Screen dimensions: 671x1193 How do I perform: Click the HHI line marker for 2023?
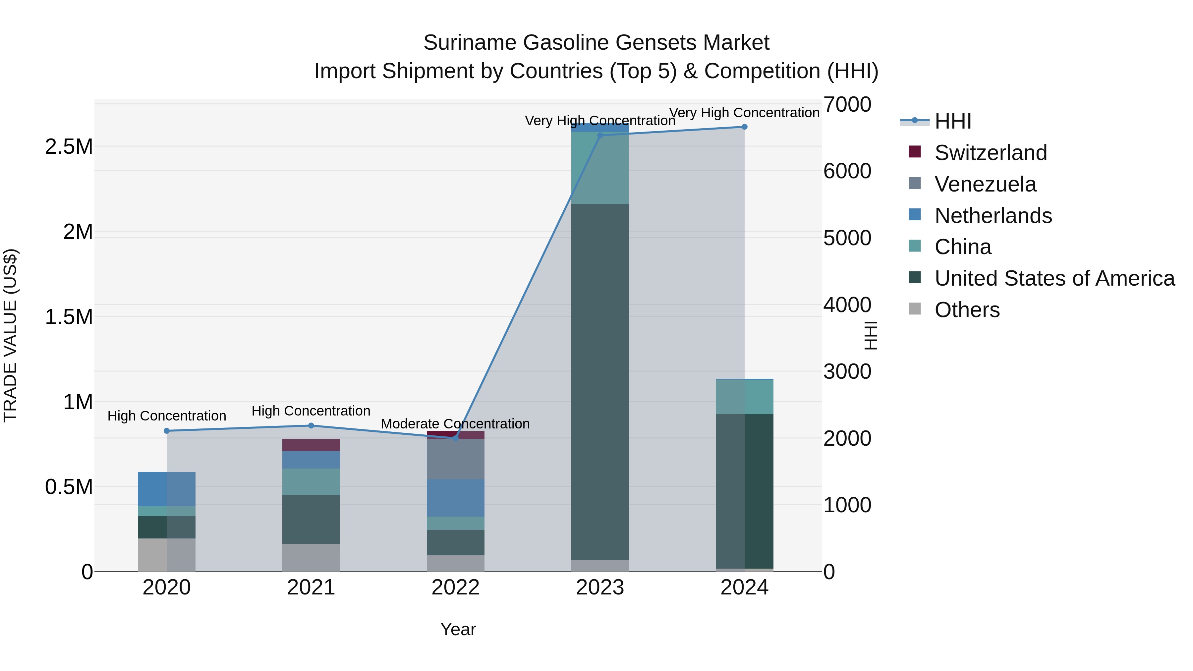coord(600,135)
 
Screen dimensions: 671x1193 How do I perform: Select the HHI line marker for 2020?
coord(167,431)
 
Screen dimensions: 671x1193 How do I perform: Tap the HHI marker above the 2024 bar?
coord(744,127)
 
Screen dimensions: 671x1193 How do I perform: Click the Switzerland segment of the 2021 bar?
coord(311,445)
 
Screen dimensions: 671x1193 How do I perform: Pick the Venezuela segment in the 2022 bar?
coord(455,459)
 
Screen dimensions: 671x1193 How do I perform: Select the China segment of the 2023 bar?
coord(600,168)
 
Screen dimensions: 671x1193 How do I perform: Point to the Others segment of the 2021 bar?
coord(311,558)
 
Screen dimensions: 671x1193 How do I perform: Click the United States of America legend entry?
coord(1054,278)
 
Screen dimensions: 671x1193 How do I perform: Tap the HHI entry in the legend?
coord(953,121)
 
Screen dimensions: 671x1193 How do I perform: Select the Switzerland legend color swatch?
coord(915,152)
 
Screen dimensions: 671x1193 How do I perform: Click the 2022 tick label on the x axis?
coord(455,587)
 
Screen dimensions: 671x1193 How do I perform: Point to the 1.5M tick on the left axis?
coord(69,317)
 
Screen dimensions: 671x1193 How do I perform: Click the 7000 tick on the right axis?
coord(847,105)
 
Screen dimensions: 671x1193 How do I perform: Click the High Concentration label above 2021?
coord(311,411)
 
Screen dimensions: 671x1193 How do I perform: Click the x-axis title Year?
coord(458,629)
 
